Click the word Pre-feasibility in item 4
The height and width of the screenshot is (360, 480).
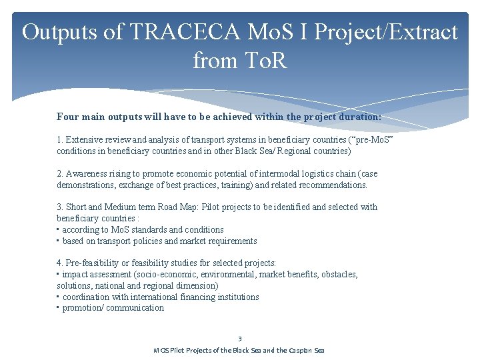pos(93,263)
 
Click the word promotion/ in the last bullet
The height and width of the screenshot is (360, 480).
pos(83,307)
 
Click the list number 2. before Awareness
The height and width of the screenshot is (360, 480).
pos(59,173)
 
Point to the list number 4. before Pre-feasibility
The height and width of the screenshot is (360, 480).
pos(59,263)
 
